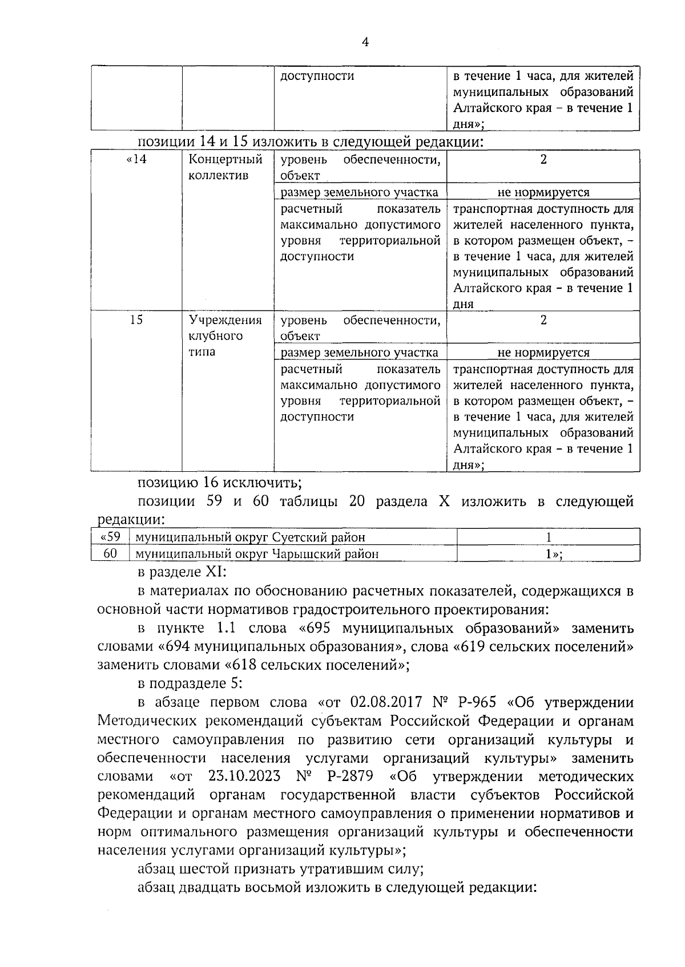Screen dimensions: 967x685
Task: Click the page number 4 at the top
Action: [x=365, y=42]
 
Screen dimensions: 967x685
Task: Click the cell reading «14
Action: [x=136, y=160]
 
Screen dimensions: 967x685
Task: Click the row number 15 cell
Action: [x=136, y=320]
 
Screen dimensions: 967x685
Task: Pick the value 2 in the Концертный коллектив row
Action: [x=543, y=160]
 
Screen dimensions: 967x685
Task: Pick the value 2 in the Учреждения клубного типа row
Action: [x=543, y=320]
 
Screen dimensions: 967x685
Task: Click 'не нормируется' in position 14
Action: [x=543, y=192]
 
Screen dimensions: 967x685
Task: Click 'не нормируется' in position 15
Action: [x=543, y=353]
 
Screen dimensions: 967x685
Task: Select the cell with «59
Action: [x=110, y=537]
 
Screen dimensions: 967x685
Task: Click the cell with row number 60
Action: [x=110, y=553]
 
